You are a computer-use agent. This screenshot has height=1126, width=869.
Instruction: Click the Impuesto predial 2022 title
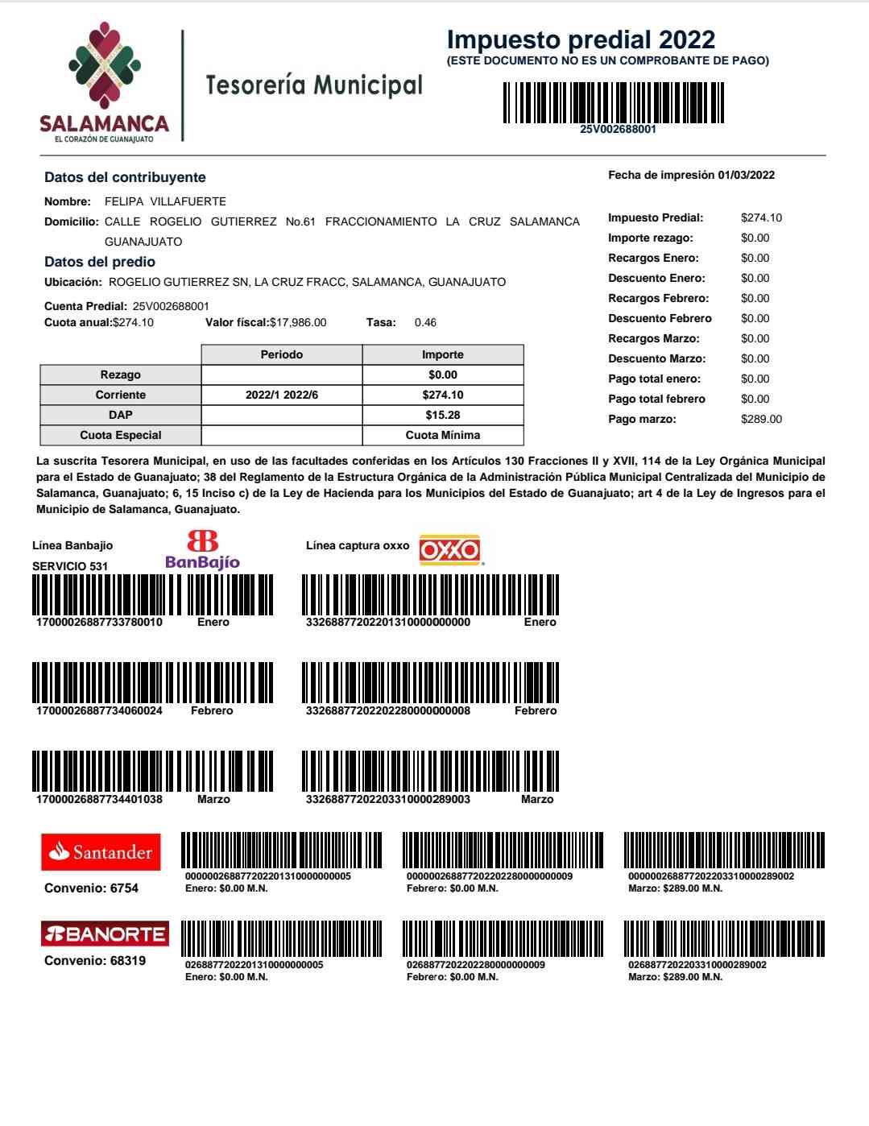581,39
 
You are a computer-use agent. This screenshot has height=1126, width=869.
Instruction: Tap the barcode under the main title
613,102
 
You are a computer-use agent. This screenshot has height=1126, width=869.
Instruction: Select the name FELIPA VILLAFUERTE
165,201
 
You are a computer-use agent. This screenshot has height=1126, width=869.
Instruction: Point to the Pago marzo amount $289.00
761,419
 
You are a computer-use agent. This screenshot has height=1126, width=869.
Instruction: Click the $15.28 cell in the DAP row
443,415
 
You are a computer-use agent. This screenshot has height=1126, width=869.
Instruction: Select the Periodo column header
282,354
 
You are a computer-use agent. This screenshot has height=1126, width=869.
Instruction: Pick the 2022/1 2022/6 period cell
282,395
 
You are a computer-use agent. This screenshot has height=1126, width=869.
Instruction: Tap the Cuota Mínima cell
443,435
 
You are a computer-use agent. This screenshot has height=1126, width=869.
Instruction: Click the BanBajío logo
202,550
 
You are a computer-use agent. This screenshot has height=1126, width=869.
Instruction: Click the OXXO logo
450,550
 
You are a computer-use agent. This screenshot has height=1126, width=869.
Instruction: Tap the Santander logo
101,852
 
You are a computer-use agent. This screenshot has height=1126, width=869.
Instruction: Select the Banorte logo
105,934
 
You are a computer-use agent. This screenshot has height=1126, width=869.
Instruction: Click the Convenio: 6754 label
91,888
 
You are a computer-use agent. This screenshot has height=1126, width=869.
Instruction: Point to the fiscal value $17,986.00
298,322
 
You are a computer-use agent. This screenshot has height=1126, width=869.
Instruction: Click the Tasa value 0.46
425,322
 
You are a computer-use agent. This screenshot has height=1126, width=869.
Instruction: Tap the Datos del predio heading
100,262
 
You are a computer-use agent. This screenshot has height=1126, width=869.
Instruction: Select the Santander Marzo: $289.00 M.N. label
675,888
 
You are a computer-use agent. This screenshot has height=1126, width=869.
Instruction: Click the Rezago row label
121,375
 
